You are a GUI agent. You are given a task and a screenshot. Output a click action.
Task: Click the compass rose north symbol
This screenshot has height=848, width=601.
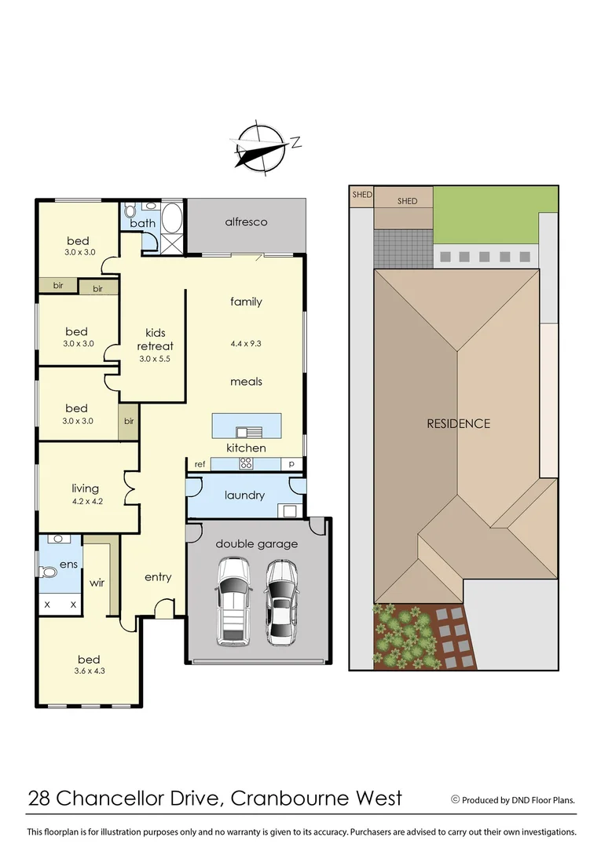tap(262, 147)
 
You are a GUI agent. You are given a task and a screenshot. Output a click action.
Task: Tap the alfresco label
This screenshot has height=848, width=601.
tap(246, 222)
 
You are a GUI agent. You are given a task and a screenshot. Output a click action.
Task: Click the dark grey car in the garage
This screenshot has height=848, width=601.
tap(280, 601)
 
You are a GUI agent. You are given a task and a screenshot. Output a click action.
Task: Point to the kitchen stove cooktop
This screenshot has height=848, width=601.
tap(245, 463)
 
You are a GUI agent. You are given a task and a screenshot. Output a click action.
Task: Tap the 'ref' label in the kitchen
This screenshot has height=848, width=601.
tap(200, 464)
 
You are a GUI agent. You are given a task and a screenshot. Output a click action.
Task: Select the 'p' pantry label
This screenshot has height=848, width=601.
tap(292, 464)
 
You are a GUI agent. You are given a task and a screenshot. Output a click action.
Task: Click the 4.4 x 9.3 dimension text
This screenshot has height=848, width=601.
tap(246, 343)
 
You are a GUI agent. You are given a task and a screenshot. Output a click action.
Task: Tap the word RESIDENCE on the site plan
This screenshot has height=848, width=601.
tap(458, 424)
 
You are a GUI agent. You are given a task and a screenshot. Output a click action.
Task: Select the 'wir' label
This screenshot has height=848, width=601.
tap(97, 583)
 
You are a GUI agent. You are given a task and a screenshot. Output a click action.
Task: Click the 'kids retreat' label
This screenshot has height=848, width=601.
tap(155, 339)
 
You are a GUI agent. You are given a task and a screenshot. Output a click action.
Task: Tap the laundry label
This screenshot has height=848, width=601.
tap(244, 495)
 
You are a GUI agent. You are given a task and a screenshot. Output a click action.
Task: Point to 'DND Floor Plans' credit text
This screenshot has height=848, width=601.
tap(540, 800)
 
